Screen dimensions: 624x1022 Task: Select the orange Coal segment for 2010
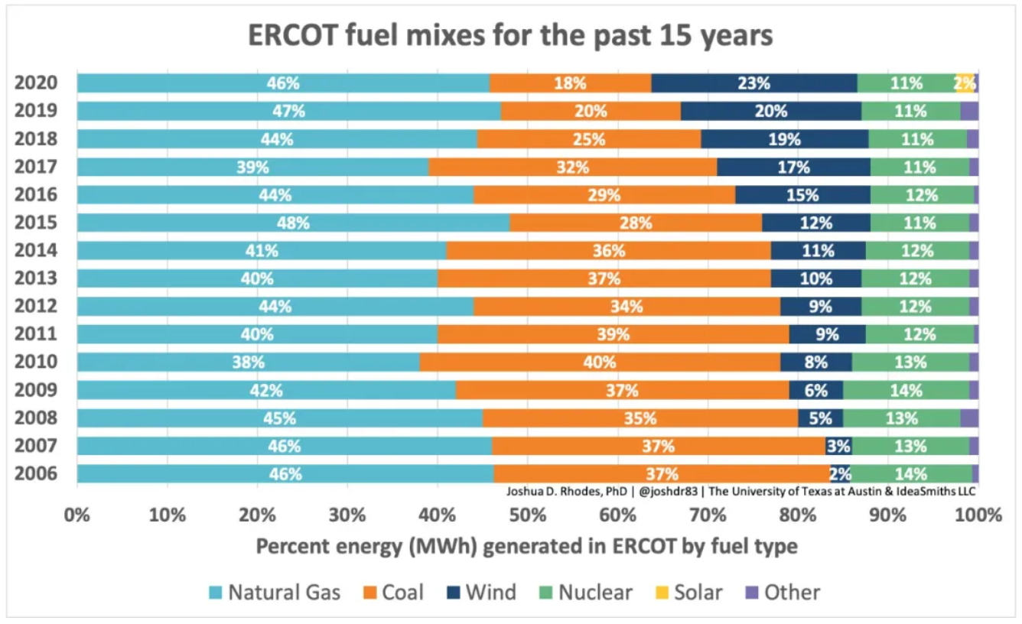click(600, 362)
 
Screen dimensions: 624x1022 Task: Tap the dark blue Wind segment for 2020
click(753, 83)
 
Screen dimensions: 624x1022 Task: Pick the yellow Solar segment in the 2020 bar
click(965, 83)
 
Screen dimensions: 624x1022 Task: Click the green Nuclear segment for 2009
click(906, 390)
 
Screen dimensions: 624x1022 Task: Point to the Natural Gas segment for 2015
click(293, 223)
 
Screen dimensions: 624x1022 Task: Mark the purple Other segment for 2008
click(969, 418)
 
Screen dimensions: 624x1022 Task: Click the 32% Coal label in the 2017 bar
click(573, 167)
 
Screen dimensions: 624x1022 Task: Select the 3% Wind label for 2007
click(839, 446)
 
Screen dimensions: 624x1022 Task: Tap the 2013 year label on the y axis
click(35, 278)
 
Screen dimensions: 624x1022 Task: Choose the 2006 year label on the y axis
click(35, 473)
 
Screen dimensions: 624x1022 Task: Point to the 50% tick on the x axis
click(527, 515)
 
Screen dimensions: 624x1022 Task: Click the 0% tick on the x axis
click(77, 515)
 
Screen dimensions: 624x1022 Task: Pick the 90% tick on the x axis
click(887, 515)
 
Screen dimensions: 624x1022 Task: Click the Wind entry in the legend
click(480, 592)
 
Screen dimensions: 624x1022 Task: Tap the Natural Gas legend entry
click(275, 592)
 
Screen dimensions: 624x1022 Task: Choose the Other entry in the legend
click(783, 592)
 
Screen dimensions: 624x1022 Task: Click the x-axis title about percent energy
click(526, 547)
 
